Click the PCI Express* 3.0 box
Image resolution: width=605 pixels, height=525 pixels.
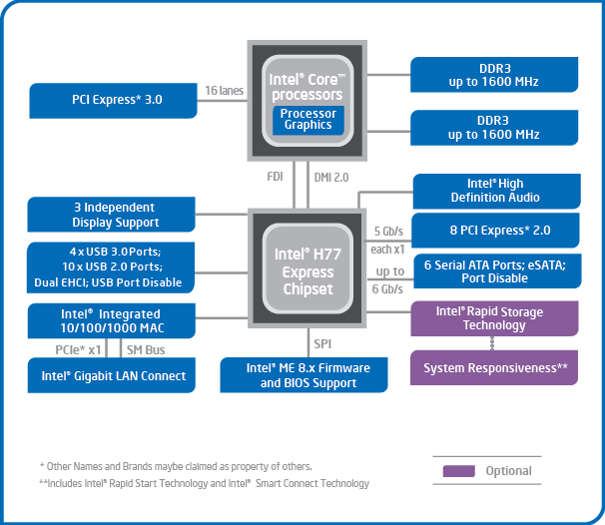116,100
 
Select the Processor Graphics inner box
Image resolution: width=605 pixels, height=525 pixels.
307,120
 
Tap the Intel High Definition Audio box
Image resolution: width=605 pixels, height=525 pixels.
496,191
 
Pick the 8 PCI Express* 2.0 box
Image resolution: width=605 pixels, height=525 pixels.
496,231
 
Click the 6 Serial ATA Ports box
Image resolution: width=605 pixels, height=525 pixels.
496,271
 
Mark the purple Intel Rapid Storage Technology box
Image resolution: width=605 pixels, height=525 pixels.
495,318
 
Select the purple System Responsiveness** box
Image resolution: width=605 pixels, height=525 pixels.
495,368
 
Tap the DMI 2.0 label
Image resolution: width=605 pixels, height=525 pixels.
331,177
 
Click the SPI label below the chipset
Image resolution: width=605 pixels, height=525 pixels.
321,343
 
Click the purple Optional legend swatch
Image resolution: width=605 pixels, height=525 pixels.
458,471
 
